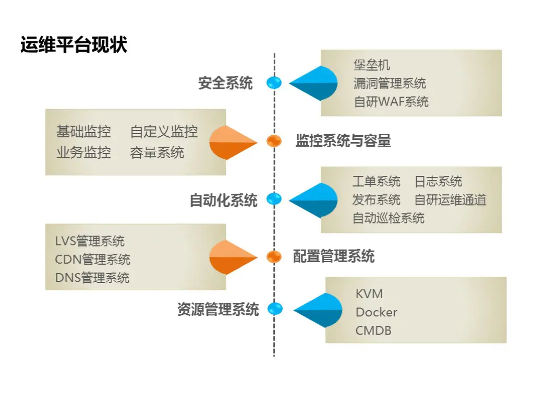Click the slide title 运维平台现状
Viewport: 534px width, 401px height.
(x=74, y=45)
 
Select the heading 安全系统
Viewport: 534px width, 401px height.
(x=225, y=83)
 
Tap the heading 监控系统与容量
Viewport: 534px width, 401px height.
(x=343, y=140)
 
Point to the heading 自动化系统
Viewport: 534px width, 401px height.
(x=223, y=200)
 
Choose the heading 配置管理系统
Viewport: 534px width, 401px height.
(x=334, y=256)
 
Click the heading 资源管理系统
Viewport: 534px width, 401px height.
(x=218, y=309)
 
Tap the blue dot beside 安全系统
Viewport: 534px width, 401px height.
(x=274, y=82)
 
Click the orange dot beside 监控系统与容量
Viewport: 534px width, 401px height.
(x=274, y=140)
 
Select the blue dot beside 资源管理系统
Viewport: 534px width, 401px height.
(x=275, y=309)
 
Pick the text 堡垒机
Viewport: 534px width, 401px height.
(x=372, y=65)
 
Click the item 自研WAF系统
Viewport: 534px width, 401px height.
(x=391, y=101)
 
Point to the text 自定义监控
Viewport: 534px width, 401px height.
(x=164, y=132)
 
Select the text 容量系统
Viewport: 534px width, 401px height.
(x=157, y=152)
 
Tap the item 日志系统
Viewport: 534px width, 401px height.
(x=438, y=181)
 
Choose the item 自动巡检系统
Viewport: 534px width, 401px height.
(x=389, y=218)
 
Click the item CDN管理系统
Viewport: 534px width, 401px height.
(x=92, y=260)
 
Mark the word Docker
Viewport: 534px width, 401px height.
(x=376, y=312)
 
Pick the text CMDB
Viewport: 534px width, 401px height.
(x=373, y=331)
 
